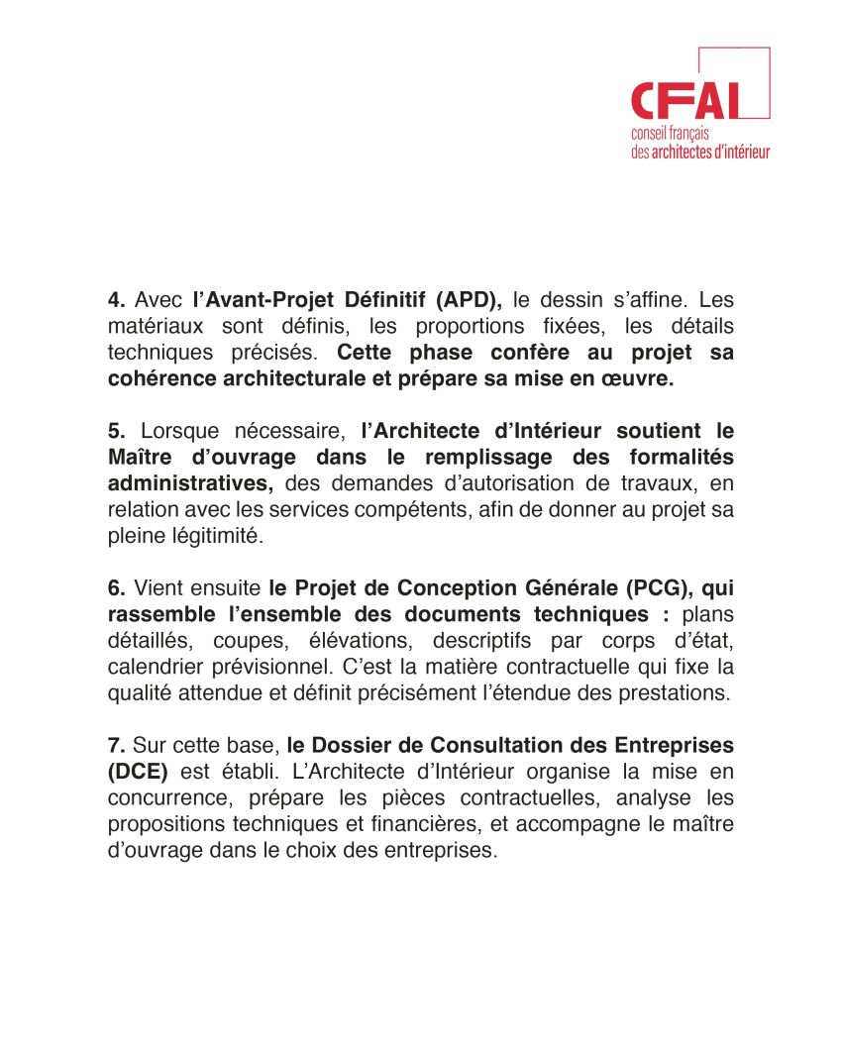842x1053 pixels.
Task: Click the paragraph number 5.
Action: (116, 431)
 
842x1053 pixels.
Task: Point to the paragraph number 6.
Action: (116, 588)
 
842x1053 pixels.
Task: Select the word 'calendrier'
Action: (154, 667)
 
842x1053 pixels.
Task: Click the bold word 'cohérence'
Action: (158, 378)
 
